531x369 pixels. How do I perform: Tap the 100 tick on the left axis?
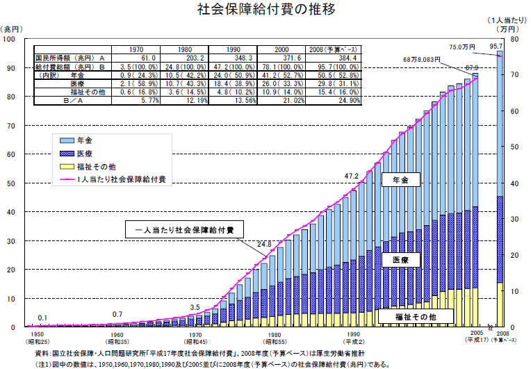(x=9, y=40)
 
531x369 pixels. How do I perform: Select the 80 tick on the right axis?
(x=515, y=40)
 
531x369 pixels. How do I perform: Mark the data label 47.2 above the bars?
(x=352, y=177)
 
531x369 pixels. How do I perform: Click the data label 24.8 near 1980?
(x=264, y=243)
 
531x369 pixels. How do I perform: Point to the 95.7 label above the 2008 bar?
(x=496, y=46)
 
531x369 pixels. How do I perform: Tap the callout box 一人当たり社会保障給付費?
(x=184, y=229)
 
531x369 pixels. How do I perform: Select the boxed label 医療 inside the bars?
(x=400, y=259)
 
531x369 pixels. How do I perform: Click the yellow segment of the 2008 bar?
(x=500, y=304)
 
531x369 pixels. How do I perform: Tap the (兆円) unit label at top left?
(x=14, y=28)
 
